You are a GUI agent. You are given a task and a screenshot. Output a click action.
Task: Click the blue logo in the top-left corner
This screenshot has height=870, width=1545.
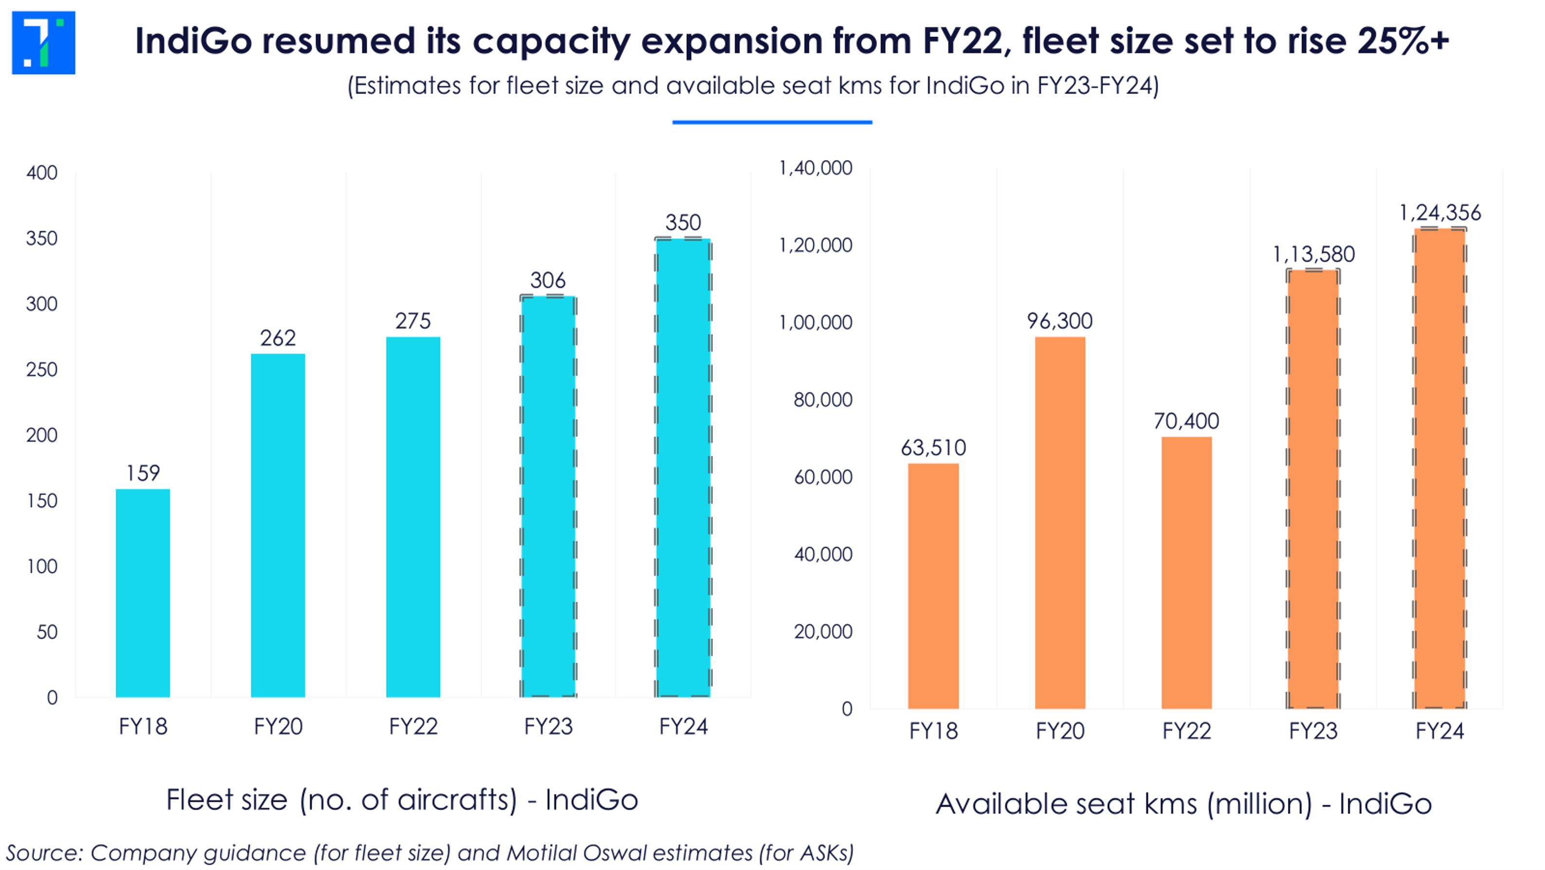coord(43,42)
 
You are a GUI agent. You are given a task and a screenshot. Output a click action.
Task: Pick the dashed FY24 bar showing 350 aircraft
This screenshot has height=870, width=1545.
coord(683,468)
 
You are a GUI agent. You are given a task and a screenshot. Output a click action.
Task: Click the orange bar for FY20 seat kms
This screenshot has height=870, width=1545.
coord(1060,523)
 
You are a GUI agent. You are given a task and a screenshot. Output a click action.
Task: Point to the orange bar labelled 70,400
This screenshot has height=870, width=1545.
coord(1186,572)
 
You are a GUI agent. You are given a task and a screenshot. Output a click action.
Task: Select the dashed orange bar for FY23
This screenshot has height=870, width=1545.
coord(1313,489)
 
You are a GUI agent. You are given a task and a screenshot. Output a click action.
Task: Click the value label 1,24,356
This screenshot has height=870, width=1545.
coord(1440,213)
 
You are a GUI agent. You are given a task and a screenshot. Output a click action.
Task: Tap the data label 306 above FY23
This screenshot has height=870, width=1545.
coord(548,280)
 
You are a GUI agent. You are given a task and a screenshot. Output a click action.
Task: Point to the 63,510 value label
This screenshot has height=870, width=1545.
coord(933,448)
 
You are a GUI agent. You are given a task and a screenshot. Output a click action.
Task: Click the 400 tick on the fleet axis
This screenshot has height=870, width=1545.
coord(42,173)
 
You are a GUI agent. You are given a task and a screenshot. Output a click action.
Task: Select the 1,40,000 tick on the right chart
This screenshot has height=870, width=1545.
coord(815,168)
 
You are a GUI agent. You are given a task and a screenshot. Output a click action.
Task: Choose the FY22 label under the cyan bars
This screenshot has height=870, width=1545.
coord(413,727)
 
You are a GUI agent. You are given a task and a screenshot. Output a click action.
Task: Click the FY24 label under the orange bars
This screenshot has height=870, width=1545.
coord(1439,731)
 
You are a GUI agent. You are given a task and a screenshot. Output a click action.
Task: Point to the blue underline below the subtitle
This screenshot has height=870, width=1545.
coord(772,122)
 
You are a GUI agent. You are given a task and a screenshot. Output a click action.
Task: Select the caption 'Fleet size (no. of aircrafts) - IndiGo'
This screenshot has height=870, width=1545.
coord(402,800)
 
